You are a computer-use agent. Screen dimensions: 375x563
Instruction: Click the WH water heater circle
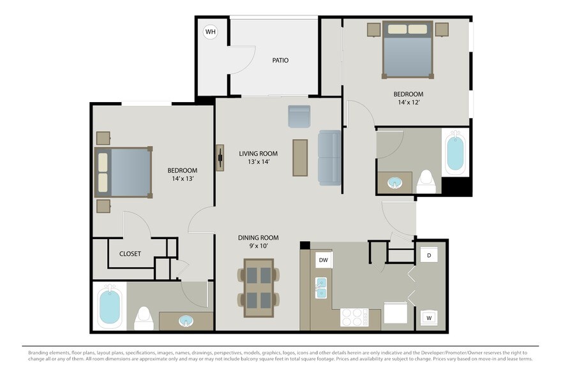tap(210, 32)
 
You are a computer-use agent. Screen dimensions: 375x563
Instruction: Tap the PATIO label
tap(280, 61)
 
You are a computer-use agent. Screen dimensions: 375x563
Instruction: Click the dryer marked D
tap(429, 255)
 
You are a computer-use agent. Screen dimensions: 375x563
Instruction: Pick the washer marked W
tap(429, 317)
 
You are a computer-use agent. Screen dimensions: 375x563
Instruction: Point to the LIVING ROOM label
tap(259, 153)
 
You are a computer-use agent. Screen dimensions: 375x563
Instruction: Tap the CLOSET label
tap(130, 254)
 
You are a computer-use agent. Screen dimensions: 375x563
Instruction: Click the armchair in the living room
tap(299, 116)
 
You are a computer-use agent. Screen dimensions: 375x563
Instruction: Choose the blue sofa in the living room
tap(330, 158)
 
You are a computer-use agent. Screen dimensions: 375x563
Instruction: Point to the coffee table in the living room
tap(299, 157)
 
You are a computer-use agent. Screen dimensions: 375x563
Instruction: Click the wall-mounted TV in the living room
tap(221, 157)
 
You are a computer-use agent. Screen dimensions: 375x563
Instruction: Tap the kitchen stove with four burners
tap(354, 317)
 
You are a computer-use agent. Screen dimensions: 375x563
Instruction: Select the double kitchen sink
tap(322, 288)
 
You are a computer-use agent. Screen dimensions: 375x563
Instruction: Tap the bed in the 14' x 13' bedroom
tap(124, 172)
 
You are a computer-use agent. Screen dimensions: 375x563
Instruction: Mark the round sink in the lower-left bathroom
tap(186, 320)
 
